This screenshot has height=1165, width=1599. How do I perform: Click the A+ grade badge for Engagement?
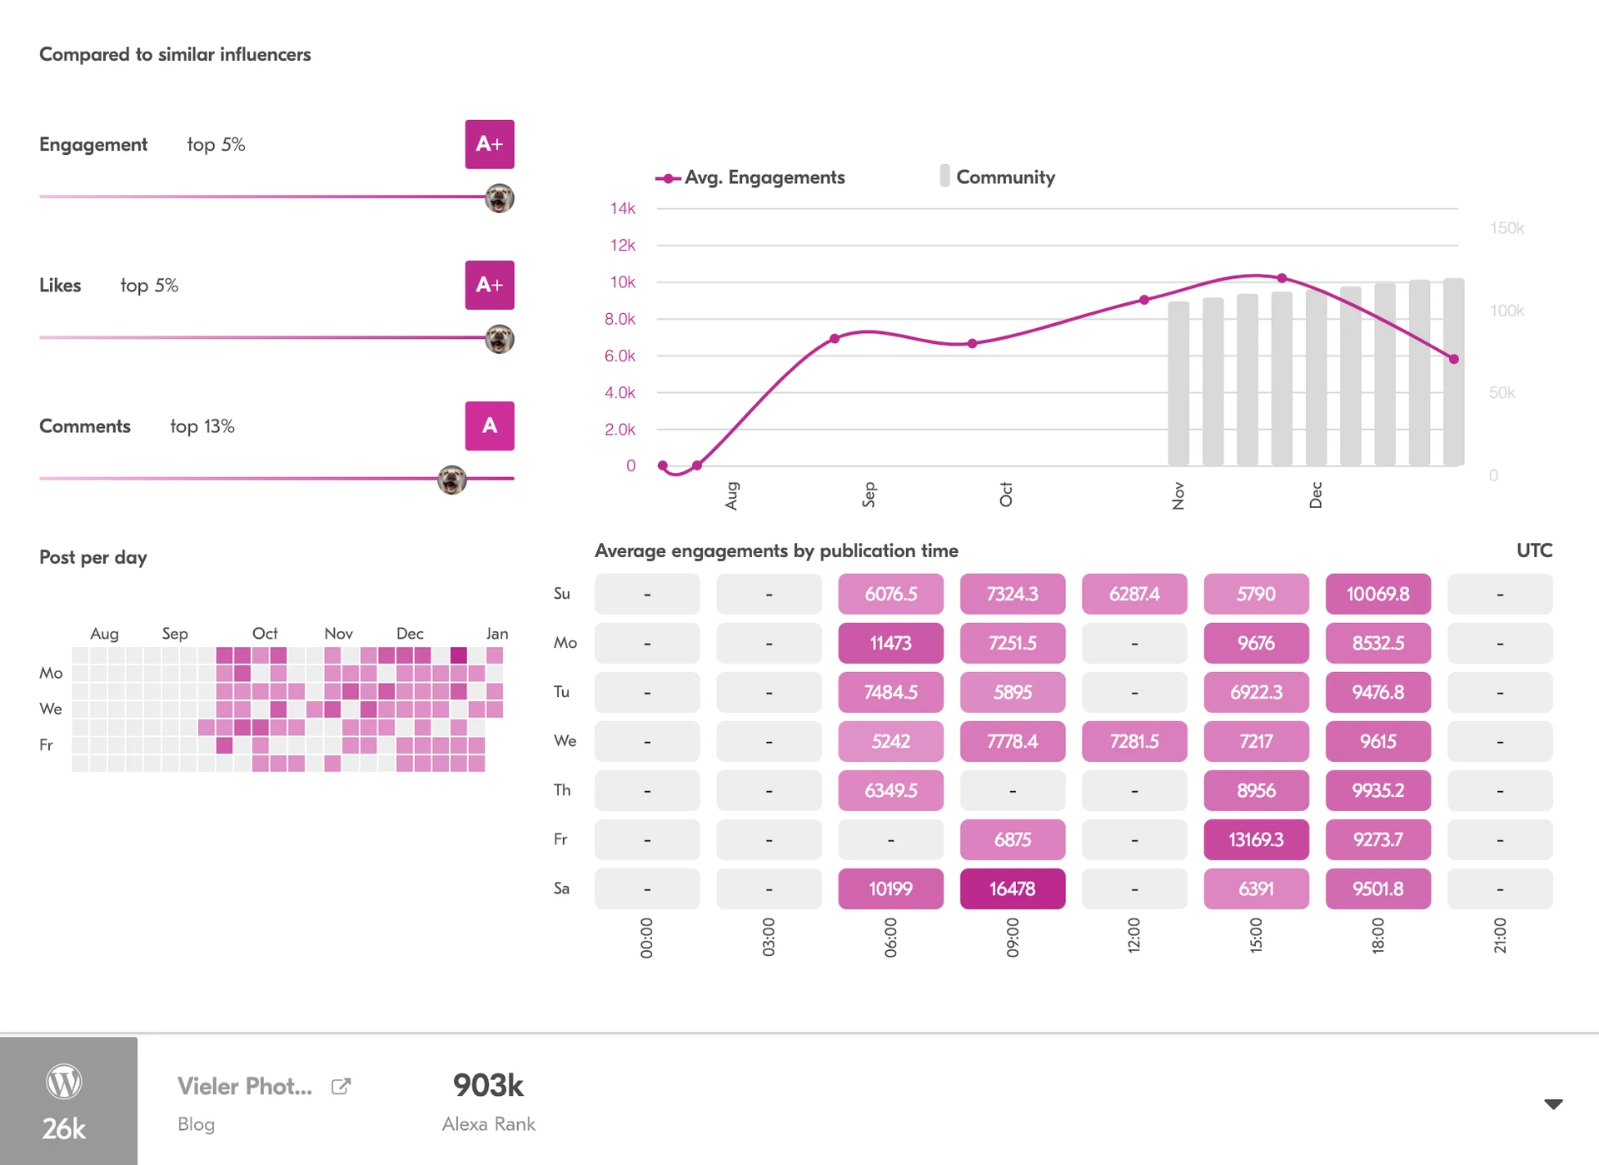point(489,144)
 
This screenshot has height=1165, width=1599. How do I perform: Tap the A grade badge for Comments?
point(489,426)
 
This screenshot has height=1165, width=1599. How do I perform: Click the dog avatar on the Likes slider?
point(499,339)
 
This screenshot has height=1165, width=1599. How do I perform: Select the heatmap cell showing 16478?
point(1012,889)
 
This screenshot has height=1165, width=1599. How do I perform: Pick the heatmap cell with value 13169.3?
point(1256,839)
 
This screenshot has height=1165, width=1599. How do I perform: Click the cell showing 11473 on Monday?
point(890,643)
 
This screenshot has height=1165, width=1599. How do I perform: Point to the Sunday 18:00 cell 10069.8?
point(1377,594)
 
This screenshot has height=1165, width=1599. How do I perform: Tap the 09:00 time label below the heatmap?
point(1012,937)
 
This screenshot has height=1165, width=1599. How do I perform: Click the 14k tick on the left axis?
point(622,208)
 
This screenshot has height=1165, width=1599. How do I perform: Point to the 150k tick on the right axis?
point(1507,228)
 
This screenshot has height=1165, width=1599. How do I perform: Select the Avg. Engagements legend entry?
point(751,177)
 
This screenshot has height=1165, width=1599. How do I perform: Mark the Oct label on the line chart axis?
point(1006,494)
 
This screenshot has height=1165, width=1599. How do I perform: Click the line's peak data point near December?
point(1282,278)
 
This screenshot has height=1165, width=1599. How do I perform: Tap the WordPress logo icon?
point(64,1082)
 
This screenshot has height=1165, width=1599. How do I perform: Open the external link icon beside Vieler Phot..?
point(341,1086)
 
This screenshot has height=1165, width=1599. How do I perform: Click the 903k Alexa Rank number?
point(488,1085)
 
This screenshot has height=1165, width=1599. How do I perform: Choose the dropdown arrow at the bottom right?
point(1553,1104)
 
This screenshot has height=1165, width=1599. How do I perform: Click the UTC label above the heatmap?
point(1534,550)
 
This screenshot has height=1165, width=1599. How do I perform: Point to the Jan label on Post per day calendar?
point(497,634)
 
